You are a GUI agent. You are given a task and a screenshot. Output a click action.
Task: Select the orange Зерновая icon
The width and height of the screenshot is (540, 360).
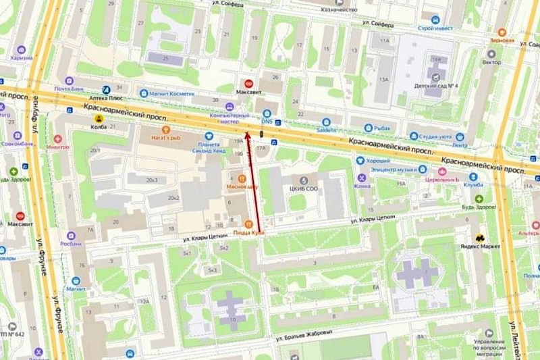[502, 32]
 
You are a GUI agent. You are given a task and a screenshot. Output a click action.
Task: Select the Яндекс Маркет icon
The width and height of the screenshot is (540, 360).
[480, 238]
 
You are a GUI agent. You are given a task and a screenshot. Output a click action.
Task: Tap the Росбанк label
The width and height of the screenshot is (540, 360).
[70, 243]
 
